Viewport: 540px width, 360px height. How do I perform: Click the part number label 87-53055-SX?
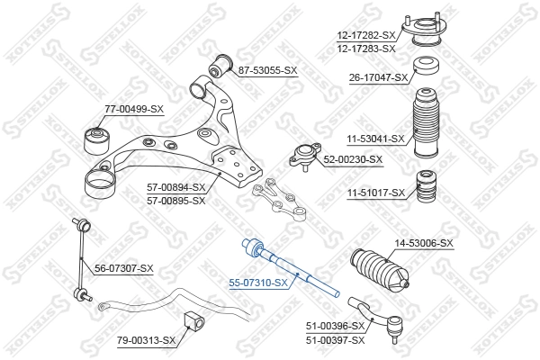pos(266,69)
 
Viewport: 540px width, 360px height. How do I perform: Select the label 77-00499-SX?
pos(134,109)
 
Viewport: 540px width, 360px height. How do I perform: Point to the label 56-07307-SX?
pos(124,268)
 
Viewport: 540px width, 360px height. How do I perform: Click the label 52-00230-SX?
pos(353,159)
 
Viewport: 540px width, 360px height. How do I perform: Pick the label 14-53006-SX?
pos(424,243)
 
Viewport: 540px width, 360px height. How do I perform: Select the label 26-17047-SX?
pos(379,78)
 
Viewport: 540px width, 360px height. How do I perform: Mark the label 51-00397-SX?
pos(336,339)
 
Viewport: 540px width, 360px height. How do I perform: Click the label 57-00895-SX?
pos(176,200)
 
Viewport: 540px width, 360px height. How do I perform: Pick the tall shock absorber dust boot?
pos(425,126)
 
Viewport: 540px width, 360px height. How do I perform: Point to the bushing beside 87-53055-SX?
pos(217,66)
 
